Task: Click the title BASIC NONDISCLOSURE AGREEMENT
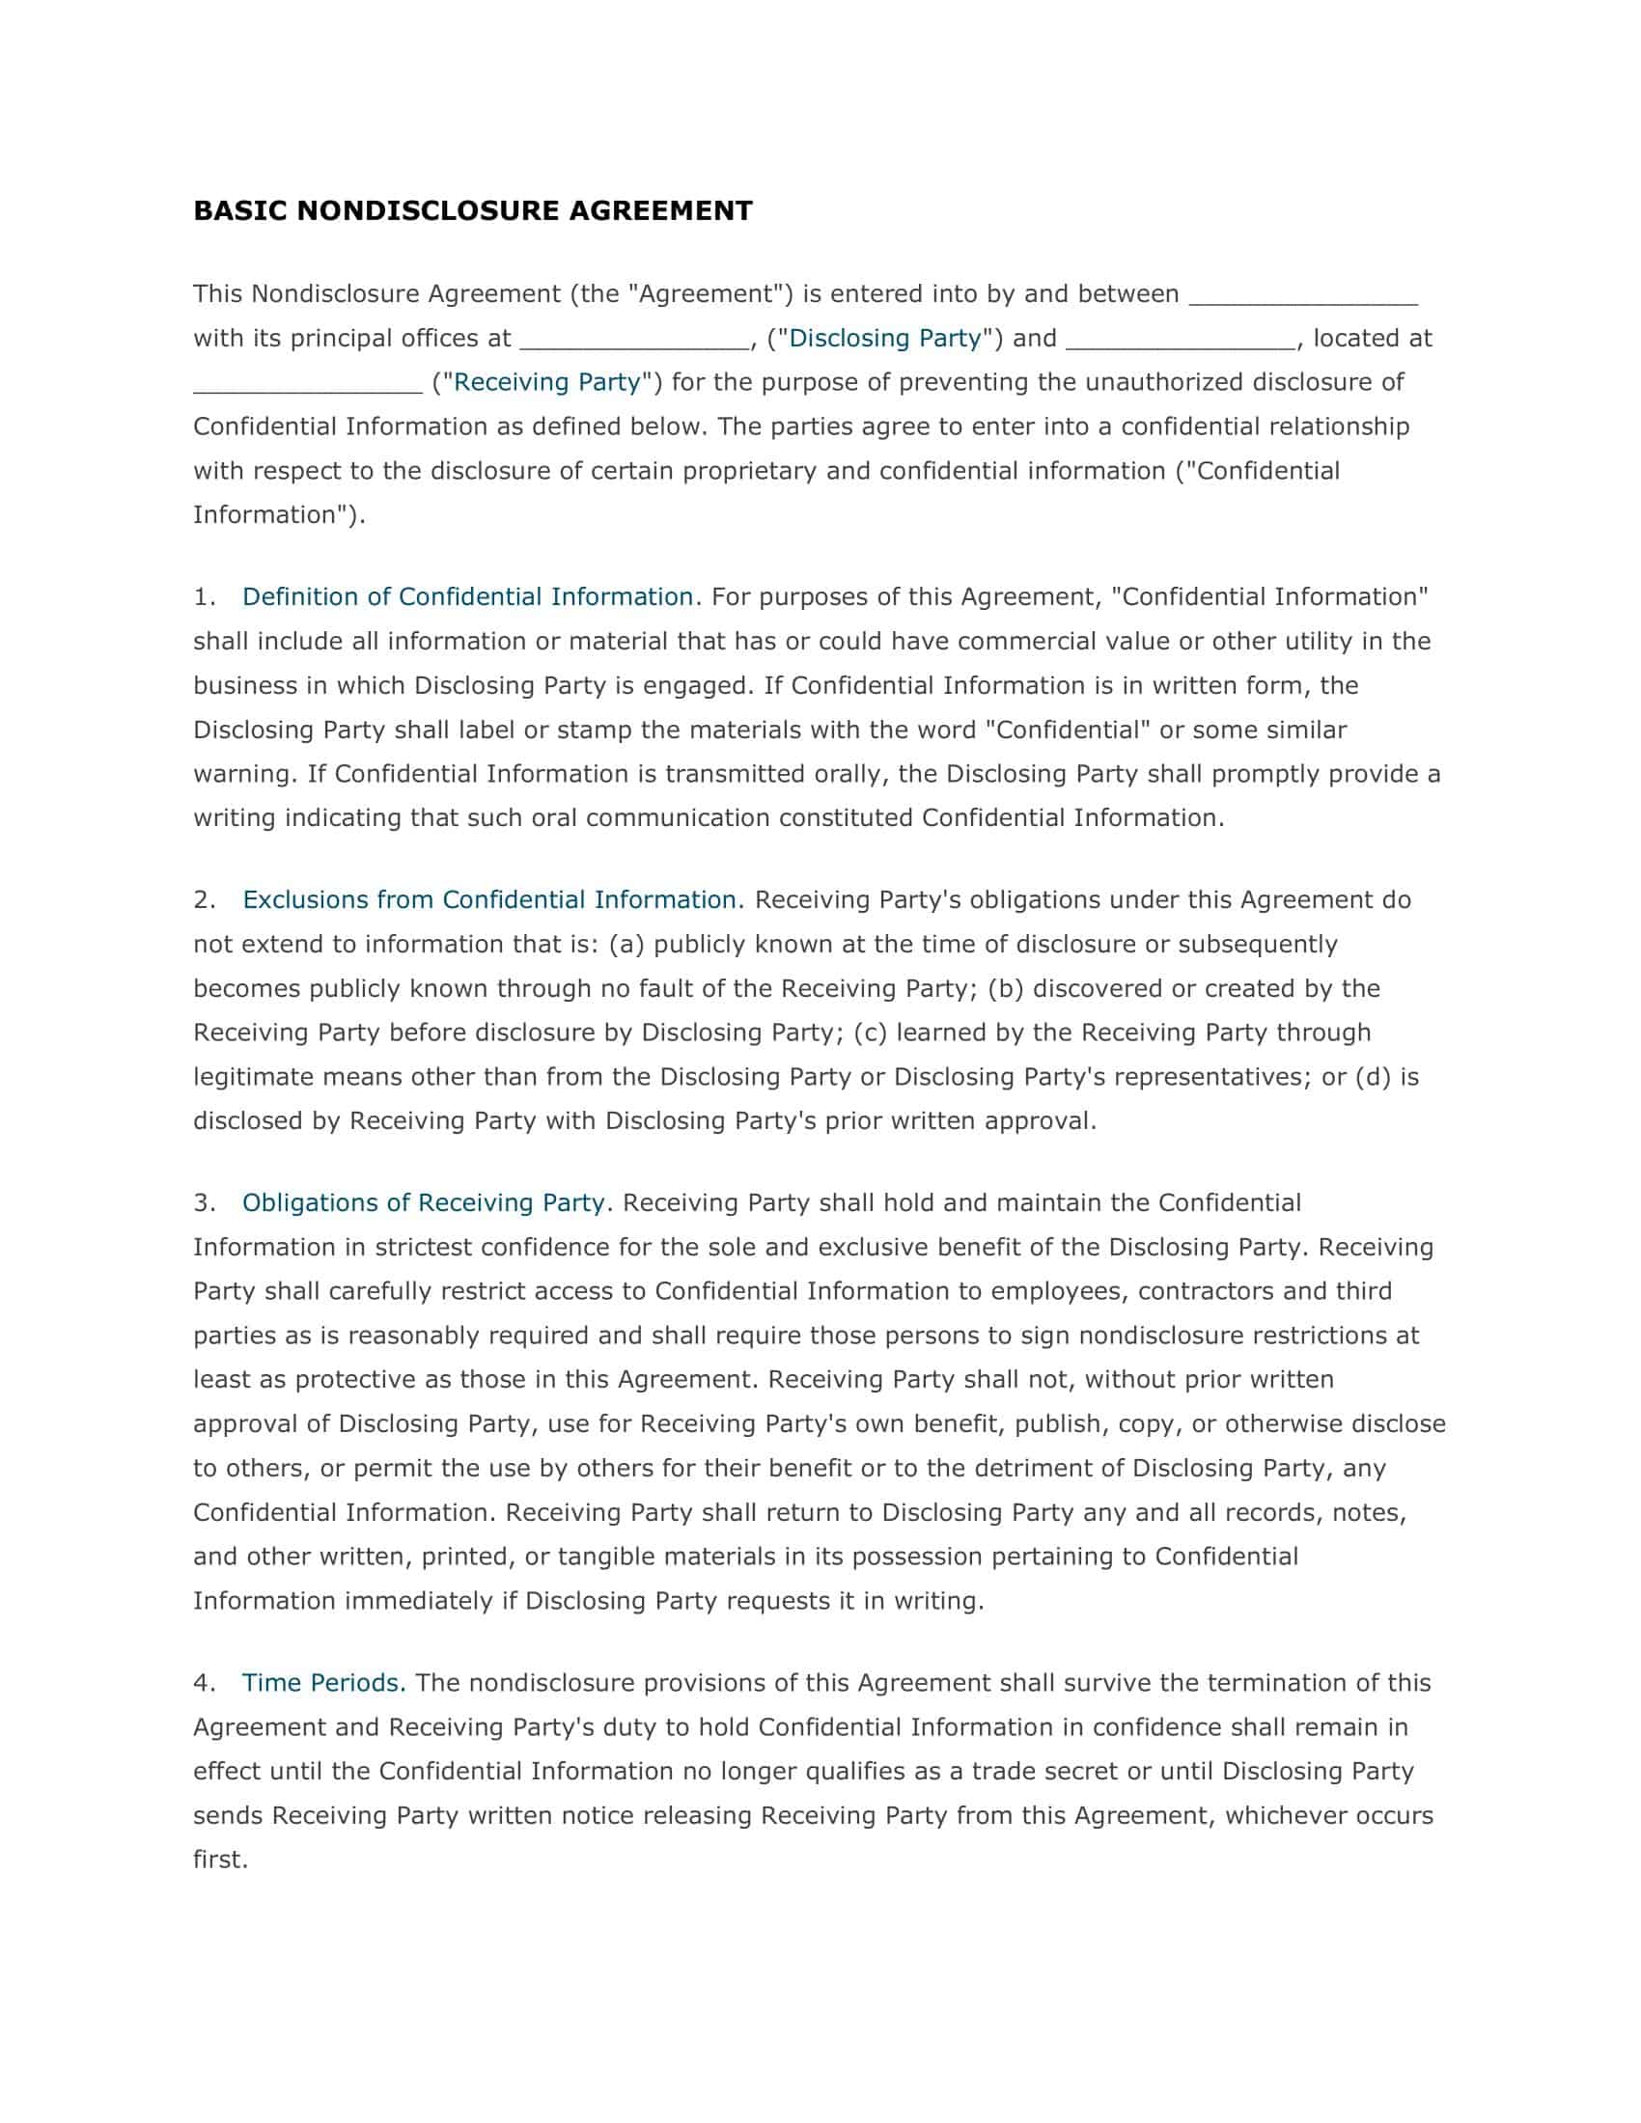pos(472,211)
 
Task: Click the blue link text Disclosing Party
pos(884,339)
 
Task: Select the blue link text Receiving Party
pos(547,382)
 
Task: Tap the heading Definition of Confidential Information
pos(466,596)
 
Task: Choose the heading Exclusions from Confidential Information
pos(489,900)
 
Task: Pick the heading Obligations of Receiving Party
pos(424,1203)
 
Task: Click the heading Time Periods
pos(321,1683)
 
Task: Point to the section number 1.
pos(202,596)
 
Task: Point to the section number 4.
pos(202,1683)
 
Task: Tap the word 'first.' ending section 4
pos(221,1860)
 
